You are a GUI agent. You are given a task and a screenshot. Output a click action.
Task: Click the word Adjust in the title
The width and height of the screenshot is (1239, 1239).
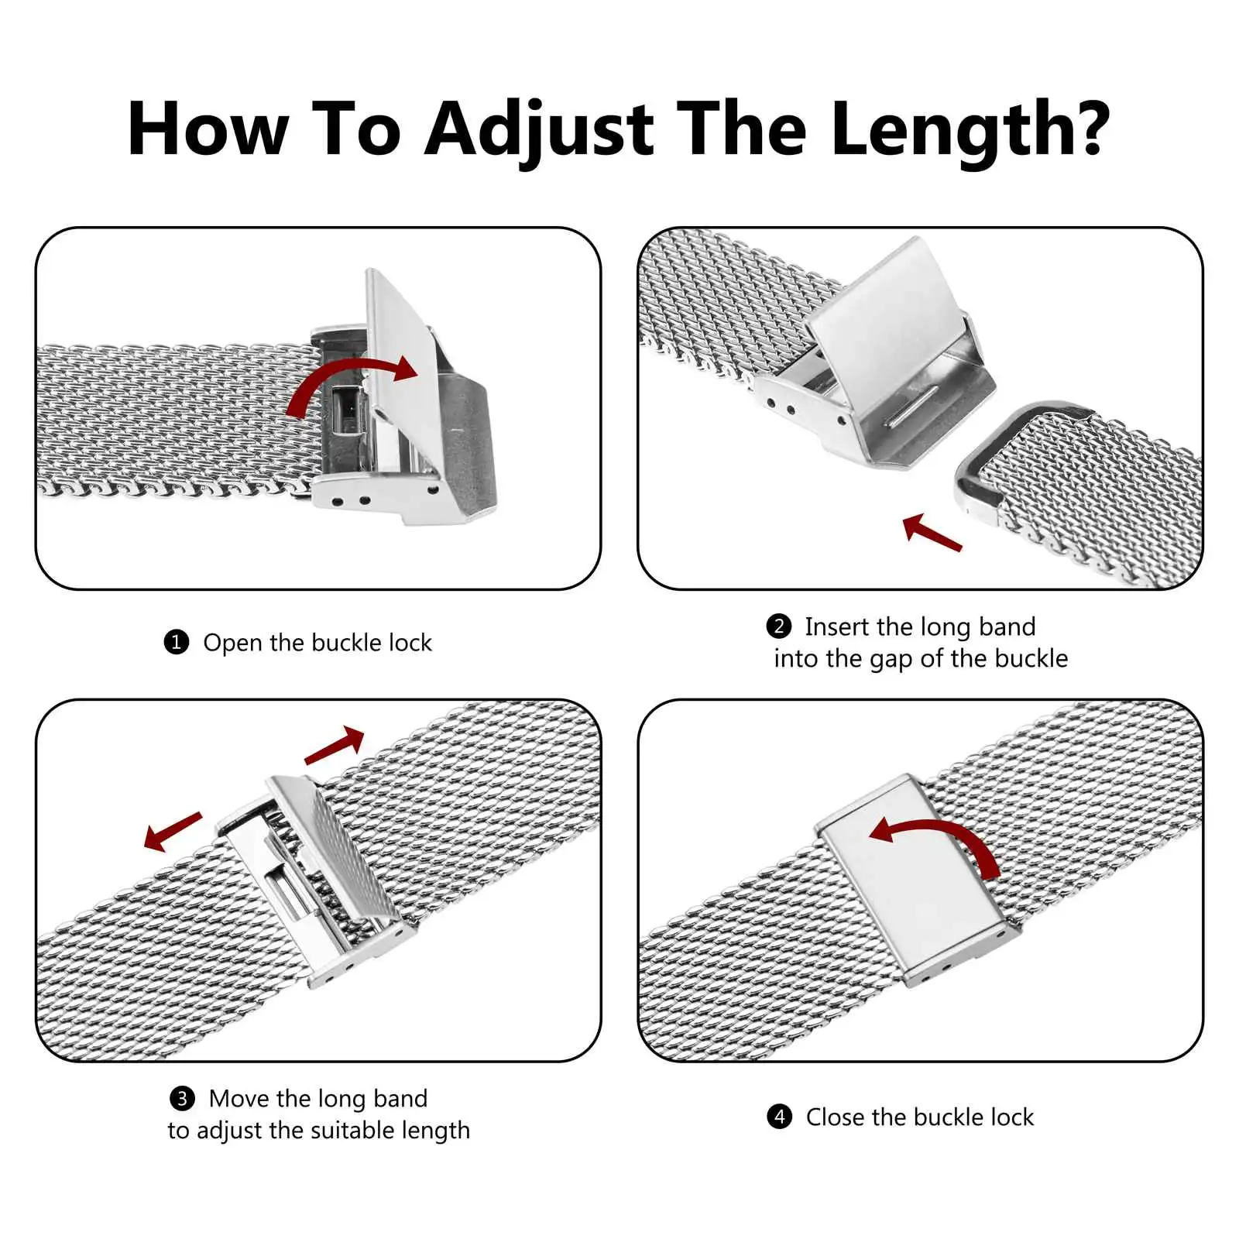[540, 130]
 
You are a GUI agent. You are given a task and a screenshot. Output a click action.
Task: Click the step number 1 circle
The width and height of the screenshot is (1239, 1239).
[177, 642]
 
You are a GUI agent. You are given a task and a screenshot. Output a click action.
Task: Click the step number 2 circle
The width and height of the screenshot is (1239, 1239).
[779, 626]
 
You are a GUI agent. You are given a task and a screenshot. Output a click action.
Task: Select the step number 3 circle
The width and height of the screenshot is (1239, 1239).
[182, 1098]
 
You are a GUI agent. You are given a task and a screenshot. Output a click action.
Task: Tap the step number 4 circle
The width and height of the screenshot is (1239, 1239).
[780, 1117]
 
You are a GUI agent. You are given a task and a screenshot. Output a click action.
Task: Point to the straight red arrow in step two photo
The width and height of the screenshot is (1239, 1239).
[932, 532]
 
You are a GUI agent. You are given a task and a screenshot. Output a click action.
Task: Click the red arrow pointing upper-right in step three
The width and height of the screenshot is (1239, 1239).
[335, 746]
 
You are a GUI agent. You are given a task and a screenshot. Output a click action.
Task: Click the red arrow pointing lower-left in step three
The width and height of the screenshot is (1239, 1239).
[173, 832]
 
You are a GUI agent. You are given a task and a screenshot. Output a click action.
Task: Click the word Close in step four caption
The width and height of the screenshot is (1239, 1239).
[834, 1117]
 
